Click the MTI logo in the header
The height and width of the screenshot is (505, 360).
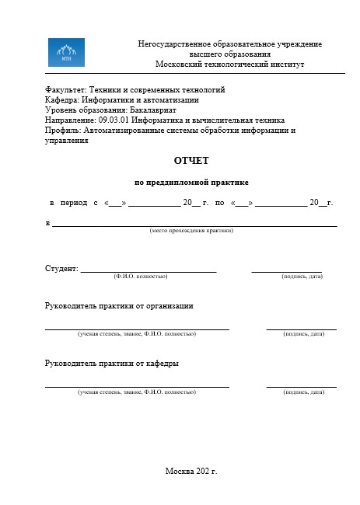[x=67, y=53]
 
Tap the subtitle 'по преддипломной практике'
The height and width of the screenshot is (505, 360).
[x=191, y=183]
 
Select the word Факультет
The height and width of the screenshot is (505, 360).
[x=65, y=90]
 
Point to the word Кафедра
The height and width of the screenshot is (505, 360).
[x=61, y=99]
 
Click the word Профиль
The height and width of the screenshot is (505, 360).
[x=63, y=131]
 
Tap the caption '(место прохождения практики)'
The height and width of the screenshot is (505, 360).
[x=191, y=231]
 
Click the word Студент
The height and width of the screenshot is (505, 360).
[x=61, y=269]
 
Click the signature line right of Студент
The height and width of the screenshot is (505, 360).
[x=286, y=270]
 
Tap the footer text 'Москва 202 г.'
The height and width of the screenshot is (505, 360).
[x=191, y=471]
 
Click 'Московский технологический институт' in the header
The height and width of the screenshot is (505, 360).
[x=229, y=64]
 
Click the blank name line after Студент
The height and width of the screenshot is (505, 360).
[x=148, y=270]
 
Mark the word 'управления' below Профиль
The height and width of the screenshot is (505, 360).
[x=67, y=141]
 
